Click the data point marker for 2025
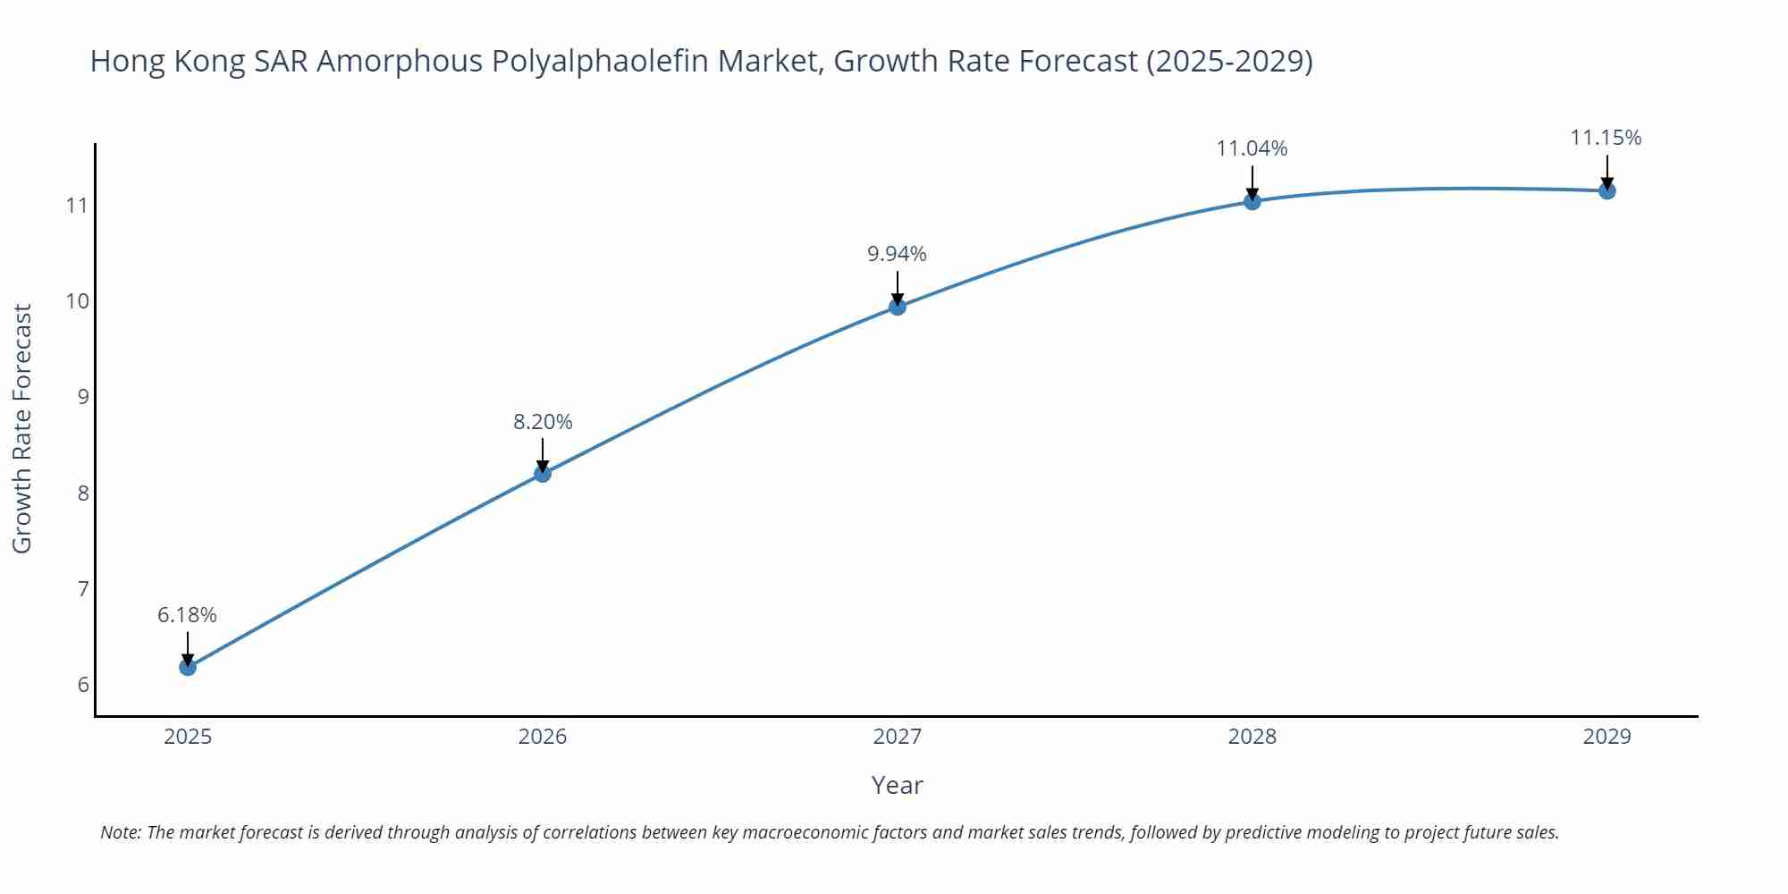(x=188, y=667)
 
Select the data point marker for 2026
(x=543, y=473)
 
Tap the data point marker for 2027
(x=898, y=307)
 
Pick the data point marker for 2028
(x=1252, y=201)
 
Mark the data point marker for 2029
(x=1607, y=190)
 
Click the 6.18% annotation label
(x=188, y=615)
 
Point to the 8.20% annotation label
(x=543, y=422)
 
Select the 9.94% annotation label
(x=898, y=254)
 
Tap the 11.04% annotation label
(x=1252, y=148)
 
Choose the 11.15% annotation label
(x=1606, y=138)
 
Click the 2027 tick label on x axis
(x=898, y=737)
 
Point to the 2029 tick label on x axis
(x=1607, y=737)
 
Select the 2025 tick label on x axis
(x=188, y=737)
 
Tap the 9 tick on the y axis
(x=83, y=397)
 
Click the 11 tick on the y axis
(x=78, y=206)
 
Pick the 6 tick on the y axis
(x=83, y=685)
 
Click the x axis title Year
(x=897, y=785)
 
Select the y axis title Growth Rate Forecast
(x=22, y=428)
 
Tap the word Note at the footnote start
(x=120, y=832)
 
